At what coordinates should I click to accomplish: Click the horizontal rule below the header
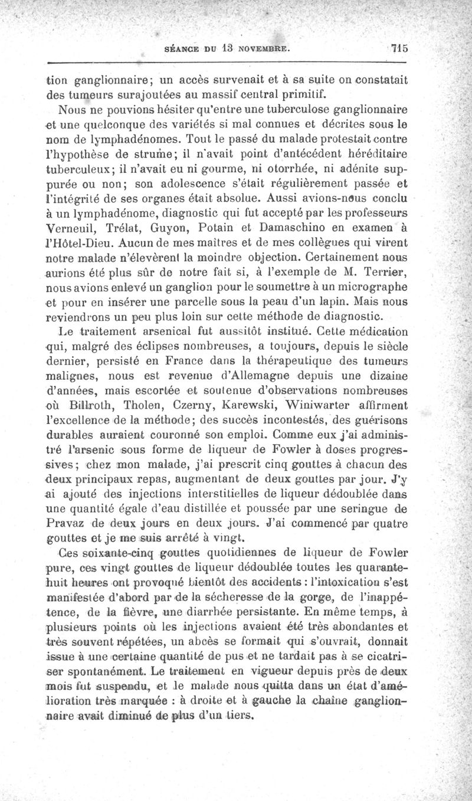click(x=227, y=61)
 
